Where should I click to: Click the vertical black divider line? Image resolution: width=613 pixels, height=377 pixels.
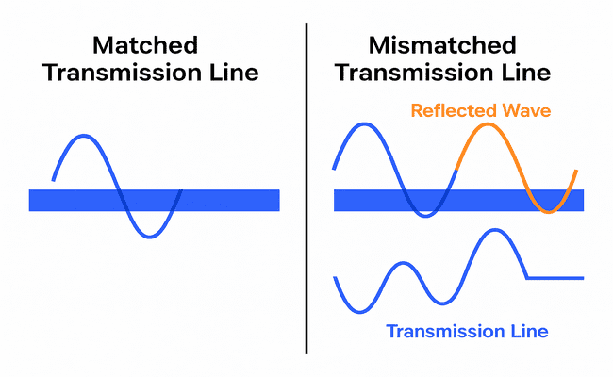click(x=306, y=188)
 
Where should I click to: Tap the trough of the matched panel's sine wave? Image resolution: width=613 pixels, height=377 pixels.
click(x=148, y=237)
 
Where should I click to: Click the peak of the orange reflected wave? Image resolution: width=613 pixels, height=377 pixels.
click(x=487, y=124)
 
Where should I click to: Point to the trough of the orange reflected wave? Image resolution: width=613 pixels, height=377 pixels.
click(x=550, y=211)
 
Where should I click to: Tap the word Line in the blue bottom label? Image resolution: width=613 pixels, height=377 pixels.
click(x=529, y=331)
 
